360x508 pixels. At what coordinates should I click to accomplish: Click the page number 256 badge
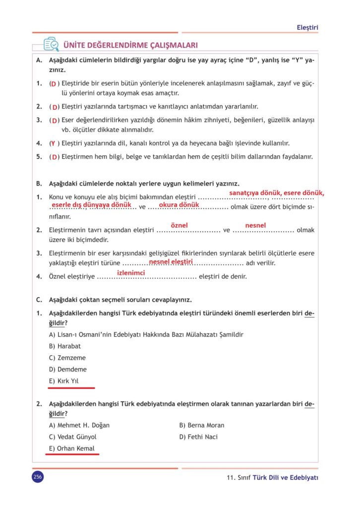tap(37, 477)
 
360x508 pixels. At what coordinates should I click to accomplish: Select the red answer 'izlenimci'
tap(130, 272)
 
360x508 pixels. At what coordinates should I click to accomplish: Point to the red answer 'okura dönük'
tap(179, 204)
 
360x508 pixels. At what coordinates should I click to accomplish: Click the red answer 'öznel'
tap(179, 225)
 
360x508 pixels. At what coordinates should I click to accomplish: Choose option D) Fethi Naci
tap(198, 437)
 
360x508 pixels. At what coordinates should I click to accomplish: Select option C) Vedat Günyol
tap(73, 437)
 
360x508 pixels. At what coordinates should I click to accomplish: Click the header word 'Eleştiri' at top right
tap(307, 27)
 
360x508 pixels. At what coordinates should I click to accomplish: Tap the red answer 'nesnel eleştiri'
tap(171, 261)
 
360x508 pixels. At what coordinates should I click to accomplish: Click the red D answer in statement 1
tap(53, 83)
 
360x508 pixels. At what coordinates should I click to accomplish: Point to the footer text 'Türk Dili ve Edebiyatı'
tap(285, 478)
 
